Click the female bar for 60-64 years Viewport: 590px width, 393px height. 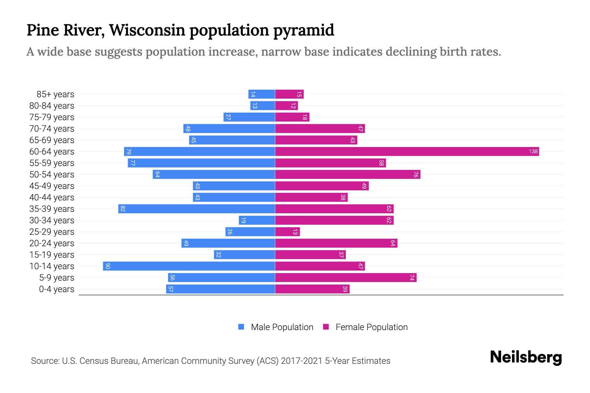pyautogui.click(x=406, y=151)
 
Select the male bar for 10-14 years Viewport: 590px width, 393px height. pyautogui.click(x=189, y=266)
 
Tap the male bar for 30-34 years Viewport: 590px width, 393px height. pyautogui.click(x=257, y=220)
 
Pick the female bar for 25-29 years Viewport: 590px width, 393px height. pyautogui.click(x=287, y=232)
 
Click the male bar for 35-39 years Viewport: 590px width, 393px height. pyautogui.click(x=197, y=209)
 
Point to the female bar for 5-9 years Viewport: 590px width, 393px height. pyautogui.click(x=345, y=277)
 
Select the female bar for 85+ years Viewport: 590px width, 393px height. pyautogui.click(x=289, y=94)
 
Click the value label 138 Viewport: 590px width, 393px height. pyautogui.click(x=533, y=151)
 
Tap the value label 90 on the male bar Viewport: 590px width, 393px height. pyautogui.click(x=108, y=266)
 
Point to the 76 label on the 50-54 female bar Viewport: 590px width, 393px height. pyautogui.click(x=415, y=174)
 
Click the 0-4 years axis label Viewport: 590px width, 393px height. pyautogui.click(x=56, y=289)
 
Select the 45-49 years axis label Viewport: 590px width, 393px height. pyautogui.click(x=52, y=186)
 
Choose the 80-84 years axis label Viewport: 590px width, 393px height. pyautogui.click(x=52, y=106)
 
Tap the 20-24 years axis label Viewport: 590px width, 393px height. pyautogui.click(x=52, y=243)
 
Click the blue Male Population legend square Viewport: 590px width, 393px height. pyautogui.click(x=241, y=327)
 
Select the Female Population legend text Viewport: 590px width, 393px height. pyautogui.click(x=371, y=327)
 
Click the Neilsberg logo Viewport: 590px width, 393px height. pyautogui.click(x=526, y=357)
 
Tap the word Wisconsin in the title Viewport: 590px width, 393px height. pyautogui.click(x=147, y=30)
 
